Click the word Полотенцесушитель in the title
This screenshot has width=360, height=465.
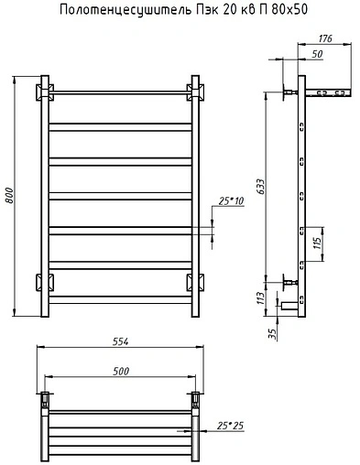[x=125, y=10]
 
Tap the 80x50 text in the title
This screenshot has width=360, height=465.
[x=289, y=9]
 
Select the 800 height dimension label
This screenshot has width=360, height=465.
[x=9, y=196]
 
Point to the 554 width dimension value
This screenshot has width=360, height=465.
[x=120, y=341]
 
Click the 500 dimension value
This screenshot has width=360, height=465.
[x=121, y=372]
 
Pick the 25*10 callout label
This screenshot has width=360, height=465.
[x=231, y=201]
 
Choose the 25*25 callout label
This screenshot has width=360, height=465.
[x=231, y=426]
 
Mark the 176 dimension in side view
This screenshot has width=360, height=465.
[x=325, y=38]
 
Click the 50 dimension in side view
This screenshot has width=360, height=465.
[x=317, y=54]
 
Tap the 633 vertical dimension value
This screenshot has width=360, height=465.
[x=261, y=187]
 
